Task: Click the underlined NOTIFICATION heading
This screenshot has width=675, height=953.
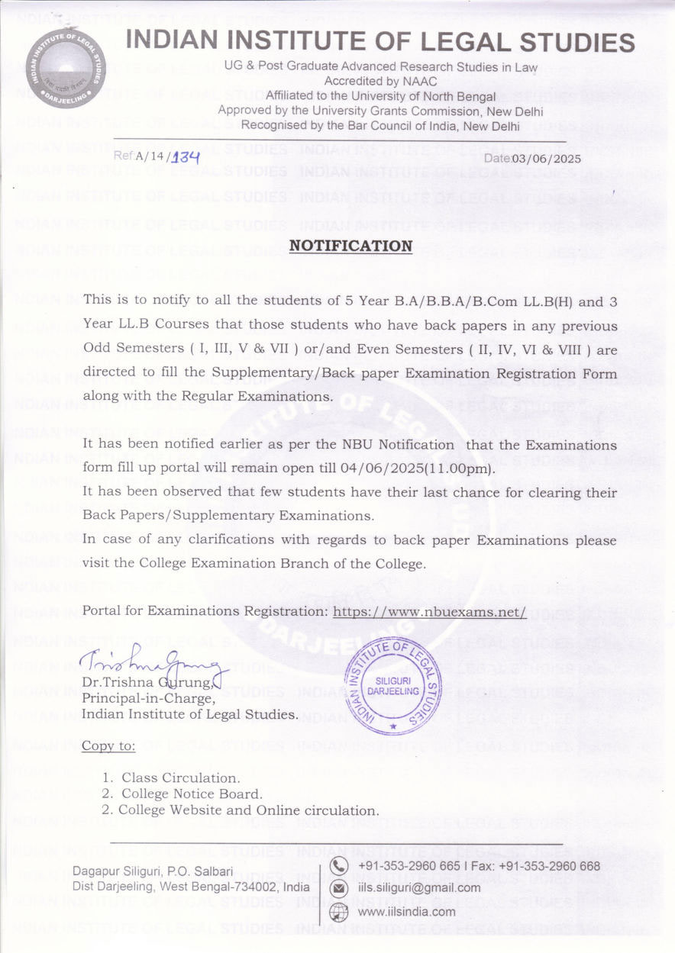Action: tap(350, 246)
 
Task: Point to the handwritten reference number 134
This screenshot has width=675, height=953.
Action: tap(185, 158)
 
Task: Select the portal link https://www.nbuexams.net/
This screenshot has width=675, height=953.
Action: tap(430, 612)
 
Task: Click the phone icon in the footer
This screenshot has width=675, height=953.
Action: tap(338, 866)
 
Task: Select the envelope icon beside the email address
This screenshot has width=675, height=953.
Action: tap(338, 888)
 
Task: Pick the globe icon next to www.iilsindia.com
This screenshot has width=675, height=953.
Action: tap(338, 911)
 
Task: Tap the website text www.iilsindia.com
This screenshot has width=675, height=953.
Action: tap(406, 911)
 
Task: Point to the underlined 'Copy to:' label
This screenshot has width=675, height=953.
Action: tap(108, 745)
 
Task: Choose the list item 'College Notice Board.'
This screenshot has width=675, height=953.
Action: tap(192, 794)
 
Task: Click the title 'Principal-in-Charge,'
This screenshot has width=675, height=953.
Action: tap(148, 698)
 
